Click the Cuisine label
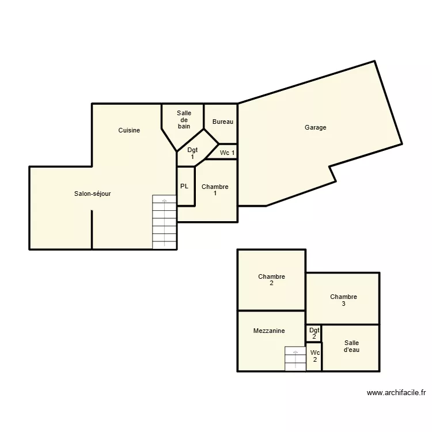(x=129, y=130)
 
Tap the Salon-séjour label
(x=92, y=194)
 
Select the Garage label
(x=316, y=127)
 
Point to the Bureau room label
(x=223, y=122)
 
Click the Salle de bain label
(x=184, y=119)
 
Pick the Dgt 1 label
(x=192, y=153)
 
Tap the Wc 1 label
(x=227, y=153)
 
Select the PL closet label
(x=184, y=186)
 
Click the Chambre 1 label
(x=215, y=190)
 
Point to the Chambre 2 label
(x=271, y=280)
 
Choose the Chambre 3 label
(x=343, y=300)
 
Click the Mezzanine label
(x=268, y=331)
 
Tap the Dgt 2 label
(x=314, y=334)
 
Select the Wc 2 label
(x=314, y=356)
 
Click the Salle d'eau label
(x=351, y=346)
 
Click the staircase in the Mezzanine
(x=295, y=359)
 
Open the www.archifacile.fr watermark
(x=396, y=393)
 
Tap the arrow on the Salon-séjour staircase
(x=165, y=200)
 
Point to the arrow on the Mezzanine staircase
(x=295, y=351)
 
